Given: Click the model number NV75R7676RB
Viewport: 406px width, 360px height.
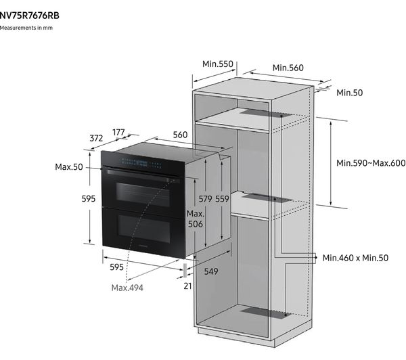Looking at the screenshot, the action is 29,16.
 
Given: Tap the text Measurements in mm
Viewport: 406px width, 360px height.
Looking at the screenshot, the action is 26,28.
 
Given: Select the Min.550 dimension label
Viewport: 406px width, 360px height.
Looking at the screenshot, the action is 218,64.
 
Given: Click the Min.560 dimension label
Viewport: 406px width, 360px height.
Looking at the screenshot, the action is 288,68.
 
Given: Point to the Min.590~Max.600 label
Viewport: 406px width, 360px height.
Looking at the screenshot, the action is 371,163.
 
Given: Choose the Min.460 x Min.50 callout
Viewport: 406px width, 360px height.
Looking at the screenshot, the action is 355,258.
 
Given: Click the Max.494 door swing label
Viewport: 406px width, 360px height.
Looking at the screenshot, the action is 127,288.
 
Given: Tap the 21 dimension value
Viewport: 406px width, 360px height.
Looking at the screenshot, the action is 187,286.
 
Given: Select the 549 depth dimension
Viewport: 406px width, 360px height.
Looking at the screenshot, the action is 211,271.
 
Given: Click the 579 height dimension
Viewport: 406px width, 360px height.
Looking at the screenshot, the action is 205,199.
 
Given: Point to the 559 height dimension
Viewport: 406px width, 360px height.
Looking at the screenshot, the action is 222,199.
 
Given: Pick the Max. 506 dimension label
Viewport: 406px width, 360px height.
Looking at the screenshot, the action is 196,219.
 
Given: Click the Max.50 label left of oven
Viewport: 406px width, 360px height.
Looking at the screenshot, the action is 69,166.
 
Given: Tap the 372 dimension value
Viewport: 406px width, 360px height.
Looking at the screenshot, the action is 96,138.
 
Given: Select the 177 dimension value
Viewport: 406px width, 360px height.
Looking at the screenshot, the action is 118,133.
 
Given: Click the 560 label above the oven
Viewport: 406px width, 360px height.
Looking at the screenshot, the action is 180,135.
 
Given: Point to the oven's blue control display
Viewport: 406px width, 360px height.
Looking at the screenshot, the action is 141,162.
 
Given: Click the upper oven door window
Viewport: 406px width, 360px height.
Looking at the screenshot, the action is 143,194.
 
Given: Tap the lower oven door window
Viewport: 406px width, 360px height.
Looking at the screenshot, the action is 144,229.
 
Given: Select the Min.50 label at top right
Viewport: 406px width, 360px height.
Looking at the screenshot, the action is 350,93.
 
